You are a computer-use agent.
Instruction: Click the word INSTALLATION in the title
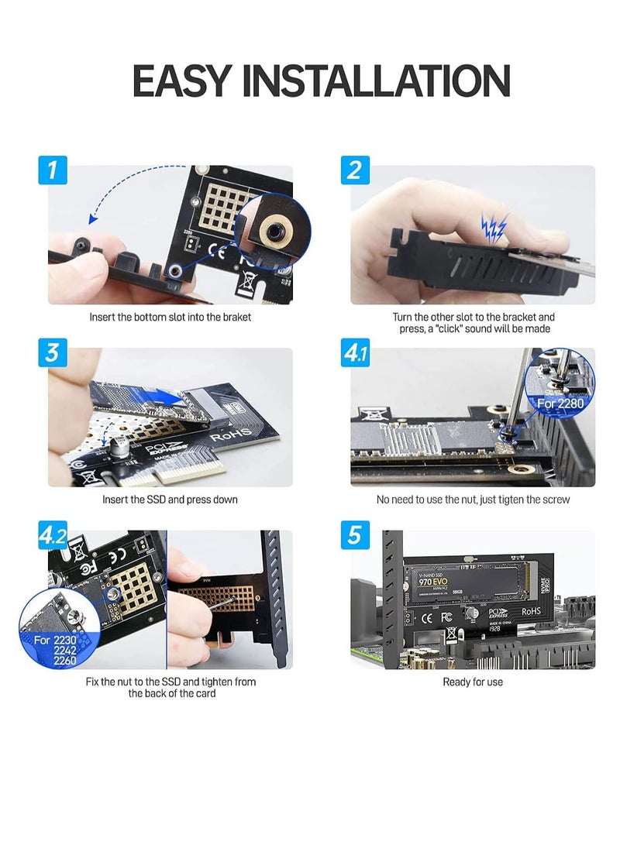(387, 81)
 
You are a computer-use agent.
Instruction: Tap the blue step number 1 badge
(52, 169)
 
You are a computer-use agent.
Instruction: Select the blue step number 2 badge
(354, 169)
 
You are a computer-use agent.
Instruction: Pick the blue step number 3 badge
(52, 352)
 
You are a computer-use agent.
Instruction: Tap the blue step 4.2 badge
(53, 534)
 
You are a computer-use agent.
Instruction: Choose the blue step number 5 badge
(354, 534)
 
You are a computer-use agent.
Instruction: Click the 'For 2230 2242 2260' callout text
(56, 649)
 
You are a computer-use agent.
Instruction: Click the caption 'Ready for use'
(473, 682)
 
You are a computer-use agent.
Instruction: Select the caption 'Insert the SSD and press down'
(170, 500)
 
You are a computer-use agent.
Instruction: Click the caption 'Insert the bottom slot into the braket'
(170, 317)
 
